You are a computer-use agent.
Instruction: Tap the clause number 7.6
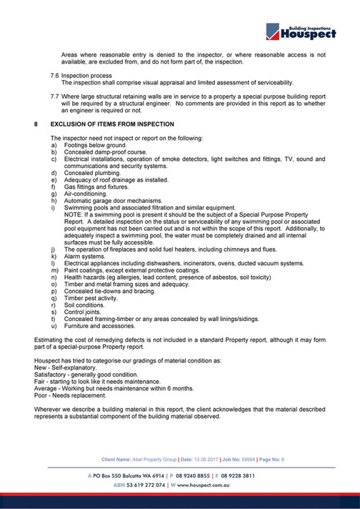pos(54,74)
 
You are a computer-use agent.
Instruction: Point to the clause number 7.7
pos(54,94)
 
